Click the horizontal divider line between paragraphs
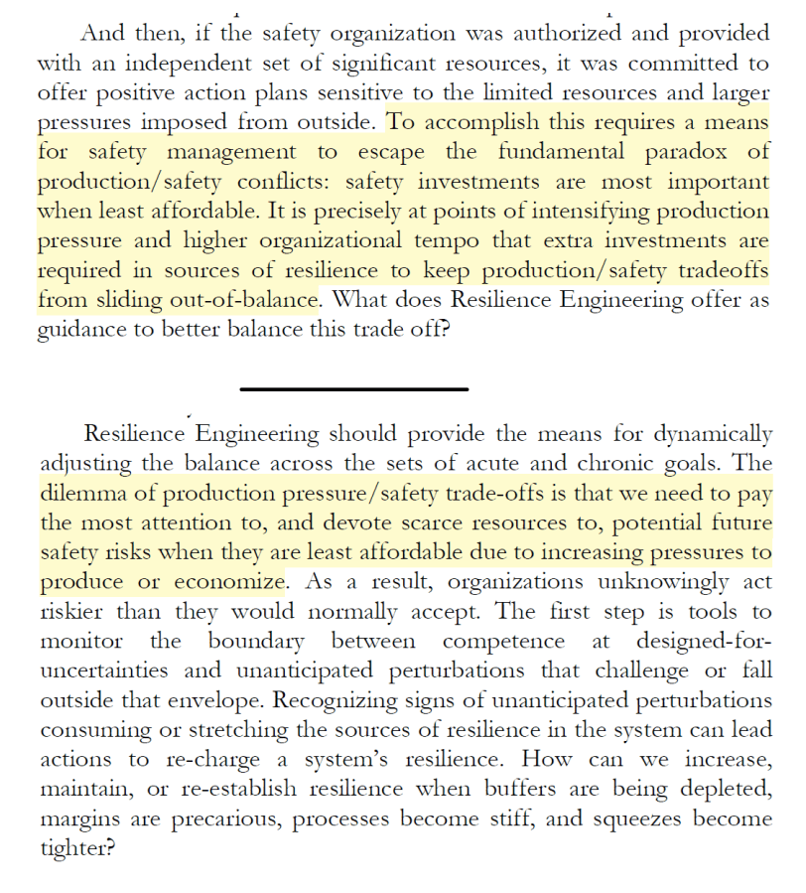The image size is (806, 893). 352,389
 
